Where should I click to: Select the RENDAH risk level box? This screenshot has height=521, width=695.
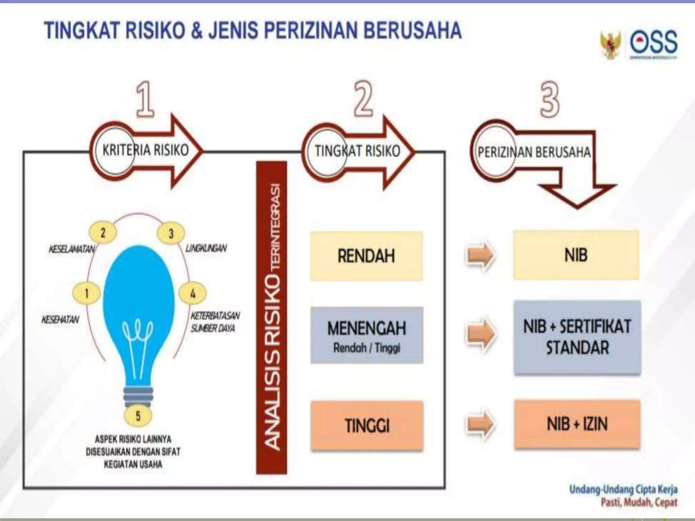click(367, 256)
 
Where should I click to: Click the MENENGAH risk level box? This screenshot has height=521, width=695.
click(367, 335)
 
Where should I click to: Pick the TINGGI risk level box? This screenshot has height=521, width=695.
click(367, 425)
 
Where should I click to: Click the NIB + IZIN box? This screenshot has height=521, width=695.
click(577, 424)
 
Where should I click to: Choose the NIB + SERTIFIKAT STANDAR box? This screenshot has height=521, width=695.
click(577, 337)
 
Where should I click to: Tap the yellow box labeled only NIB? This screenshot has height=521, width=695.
click(576, 255)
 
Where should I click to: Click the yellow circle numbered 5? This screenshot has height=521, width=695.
click(138, 416)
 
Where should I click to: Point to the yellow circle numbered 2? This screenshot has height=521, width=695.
click(103, 233)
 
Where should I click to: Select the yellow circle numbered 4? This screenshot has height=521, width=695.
click(192, 293)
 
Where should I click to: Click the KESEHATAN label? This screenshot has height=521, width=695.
click(60, 320)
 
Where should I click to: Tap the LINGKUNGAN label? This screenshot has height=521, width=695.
click(206, 248)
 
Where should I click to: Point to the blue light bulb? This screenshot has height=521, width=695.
click(138, 305)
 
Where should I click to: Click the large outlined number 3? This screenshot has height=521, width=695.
click(549, 100)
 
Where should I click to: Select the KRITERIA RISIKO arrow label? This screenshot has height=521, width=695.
click(146, 150)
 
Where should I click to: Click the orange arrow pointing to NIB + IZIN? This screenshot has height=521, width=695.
click(480, 424)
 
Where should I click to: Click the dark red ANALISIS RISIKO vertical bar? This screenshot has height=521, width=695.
click(271, 317)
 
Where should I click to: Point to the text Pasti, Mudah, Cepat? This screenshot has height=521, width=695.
click(639, 502)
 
